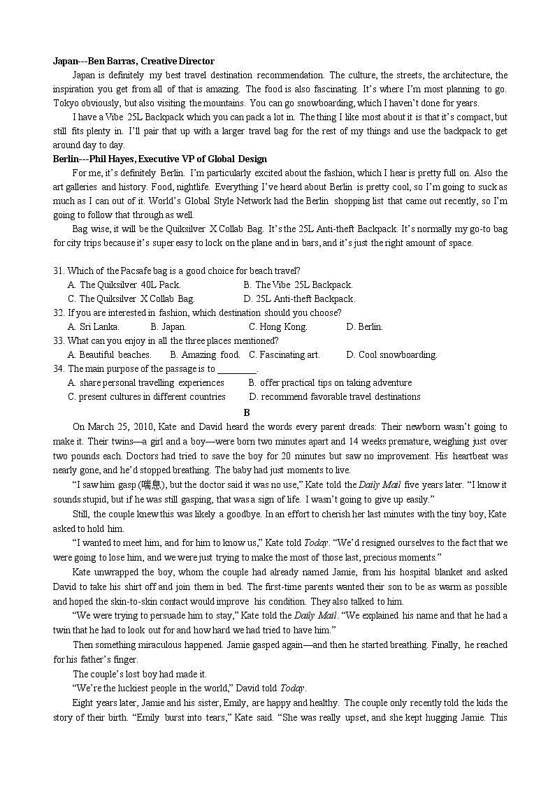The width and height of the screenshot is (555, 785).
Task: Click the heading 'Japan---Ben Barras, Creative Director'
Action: point(134,61)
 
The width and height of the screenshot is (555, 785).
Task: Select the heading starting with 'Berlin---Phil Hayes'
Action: point(160,159)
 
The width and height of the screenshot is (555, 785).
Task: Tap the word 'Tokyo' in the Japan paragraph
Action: point(66,103)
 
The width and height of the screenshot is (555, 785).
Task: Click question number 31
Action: point(59,271)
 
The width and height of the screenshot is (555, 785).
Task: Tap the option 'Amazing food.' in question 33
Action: point(210,354)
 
